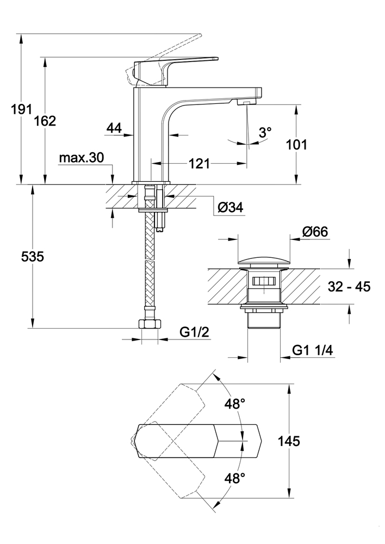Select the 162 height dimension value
[45, 121]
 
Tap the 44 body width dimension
[114, 128]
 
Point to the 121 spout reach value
[200, 163]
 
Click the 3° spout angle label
[265, 132]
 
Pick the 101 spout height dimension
[296, 145]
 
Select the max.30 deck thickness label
[81, 158]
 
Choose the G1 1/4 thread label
[312, 351]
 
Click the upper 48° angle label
[235, 404]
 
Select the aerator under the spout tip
[246, 102]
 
